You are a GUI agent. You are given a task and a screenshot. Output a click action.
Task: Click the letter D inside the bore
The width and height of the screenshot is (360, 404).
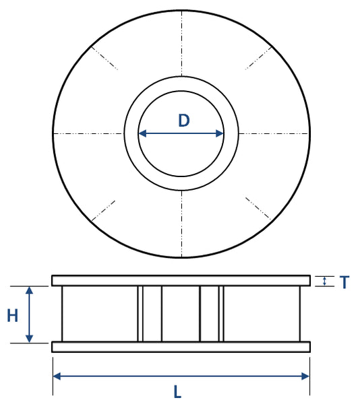[x=183, y=121]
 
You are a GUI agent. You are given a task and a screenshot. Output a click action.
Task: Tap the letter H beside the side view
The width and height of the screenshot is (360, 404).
[x=12, y=316]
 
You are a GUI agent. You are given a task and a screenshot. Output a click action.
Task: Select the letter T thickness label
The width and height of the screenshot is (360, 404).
[x=344, y=283]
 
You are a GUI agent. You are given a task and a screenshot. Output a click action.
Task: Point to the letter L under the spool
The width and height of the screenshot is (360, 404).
[x=177, y=392]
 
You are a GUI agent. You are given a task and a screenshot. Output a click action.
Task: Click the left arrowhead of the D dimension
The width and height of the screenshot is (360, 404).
[x=142, y=133]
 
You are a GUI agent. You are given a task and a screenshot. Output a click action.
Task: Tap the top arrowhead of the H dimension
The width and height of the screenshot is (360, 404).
[x=29, y=290]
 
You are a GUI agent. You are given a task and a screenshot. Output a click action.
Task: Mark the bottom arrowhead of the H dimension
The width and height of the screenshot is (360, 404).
[x=29, y=338]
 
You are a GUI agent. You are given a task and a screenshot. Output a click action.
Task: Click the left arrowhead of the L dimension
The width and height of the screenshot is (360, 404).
[x=57, y=376]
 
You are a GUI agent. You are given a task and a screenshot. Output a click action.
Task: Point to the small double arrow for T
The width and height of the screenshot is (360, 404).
[x=326, y=281]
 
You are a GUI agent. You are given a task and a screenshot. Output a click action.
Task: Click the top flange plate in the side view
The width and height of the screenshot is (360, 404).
[x=181, y=280]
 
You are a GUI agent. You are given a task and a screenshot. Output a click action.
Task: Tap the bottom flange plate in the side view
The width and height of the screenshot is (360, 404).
[x=181, y=347]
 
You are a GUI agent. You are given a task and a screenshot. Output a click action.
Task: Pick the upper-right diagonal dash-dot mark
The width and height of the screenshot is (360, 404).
[x=258, y=57]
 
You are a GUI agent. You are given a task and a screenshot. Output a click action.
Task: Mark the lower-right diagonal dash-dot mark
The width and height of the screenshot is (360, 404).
[x=258, y=209]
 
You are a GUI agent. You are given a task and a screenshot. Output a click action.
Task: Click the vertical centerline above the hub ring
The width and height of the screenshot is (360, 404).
[x=181, y=44]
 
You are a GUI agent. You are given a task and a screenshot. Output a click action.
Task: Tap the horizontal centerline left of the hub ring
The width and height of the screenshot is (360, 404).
[x=88, y=133]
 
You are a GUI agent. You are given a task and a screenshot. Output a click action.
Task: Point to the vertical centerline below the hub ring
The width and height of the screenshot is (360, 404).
[x=181, y=222]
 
